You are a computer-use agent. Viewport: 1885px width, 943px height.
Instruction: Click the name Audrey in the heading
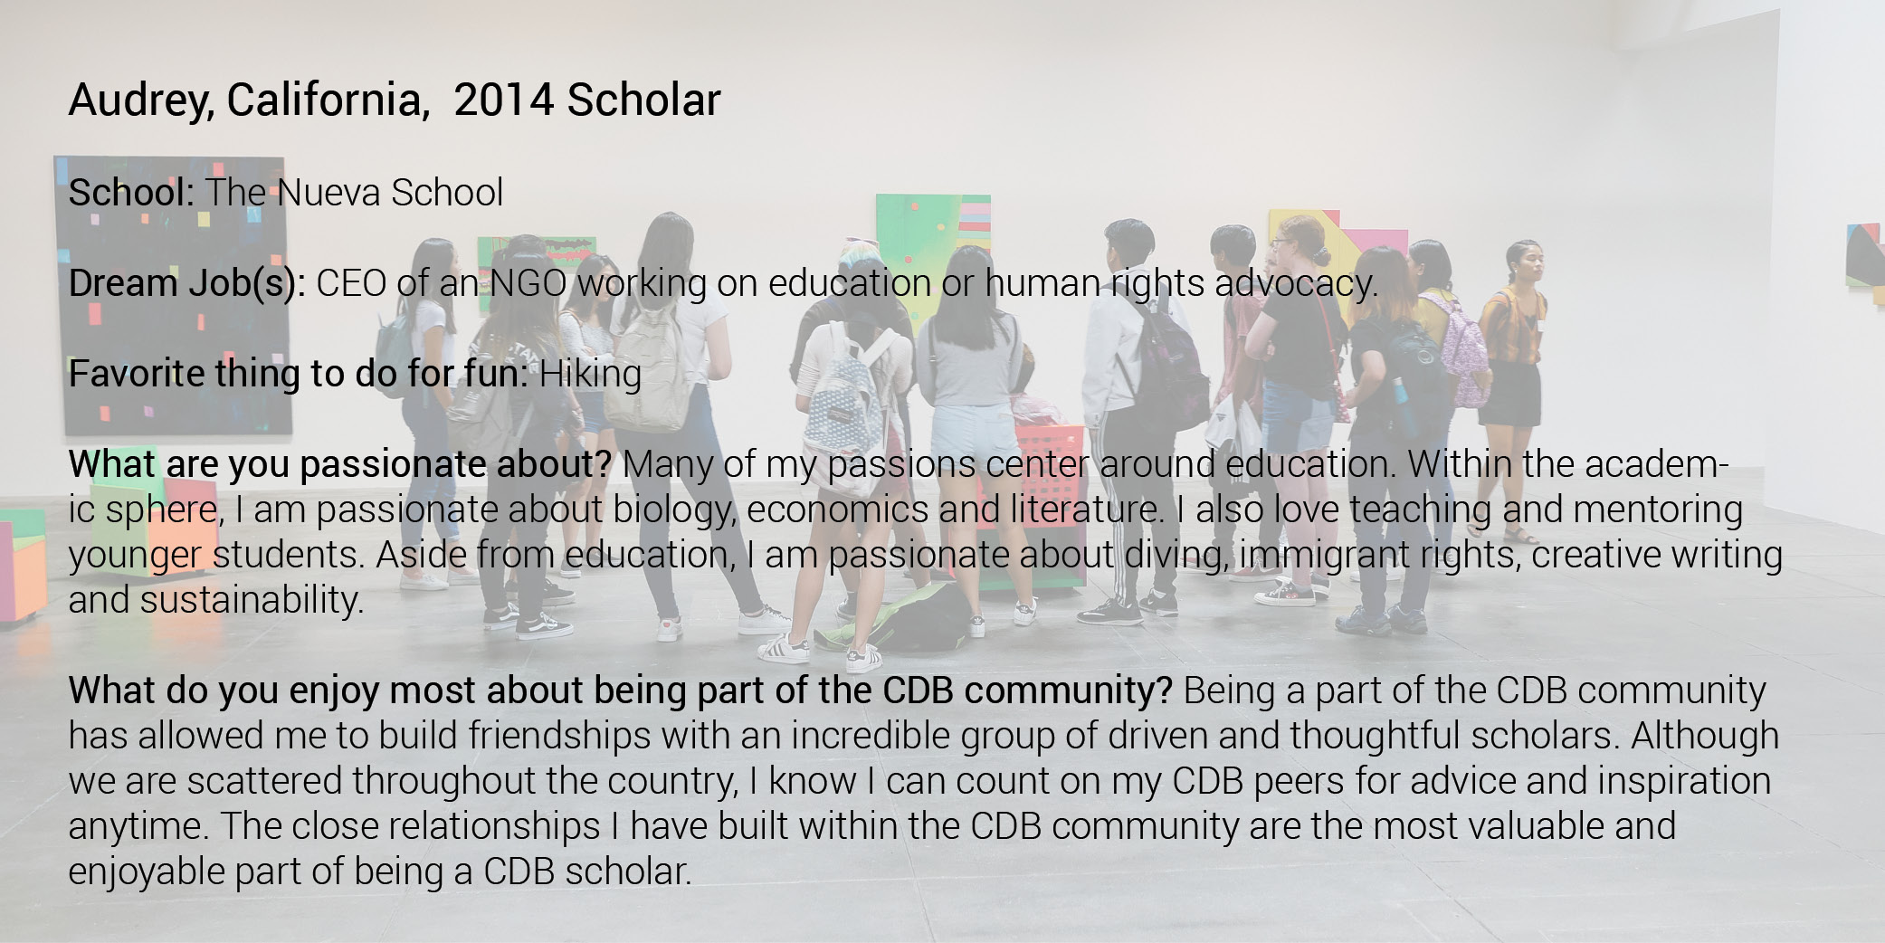point(140,100)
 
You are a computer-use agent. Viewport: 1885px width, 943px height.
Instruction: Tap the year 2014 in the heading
point(503,100)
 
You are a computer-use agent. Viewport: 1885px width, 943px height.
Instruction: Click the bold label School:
point(132,193)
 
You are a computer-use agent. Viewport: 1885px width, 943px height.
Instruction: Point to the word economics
point(837,510)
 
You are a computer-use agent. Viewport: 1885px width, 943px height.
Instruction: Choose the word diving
point(1177,556)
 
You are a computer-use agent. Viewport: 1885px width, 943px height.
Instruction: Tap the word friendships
point(559,736)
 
